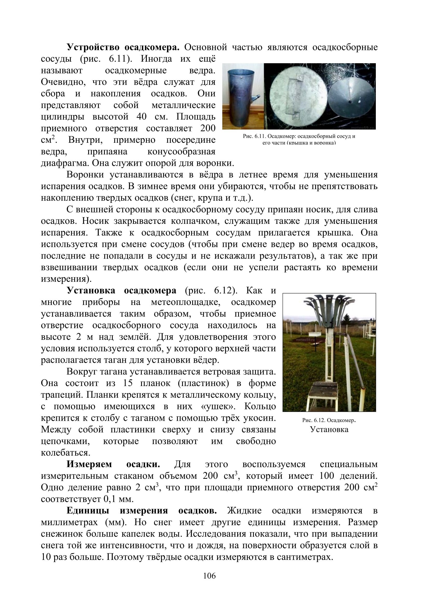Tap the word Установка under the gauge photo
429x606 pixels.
[x=329, y=429]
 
